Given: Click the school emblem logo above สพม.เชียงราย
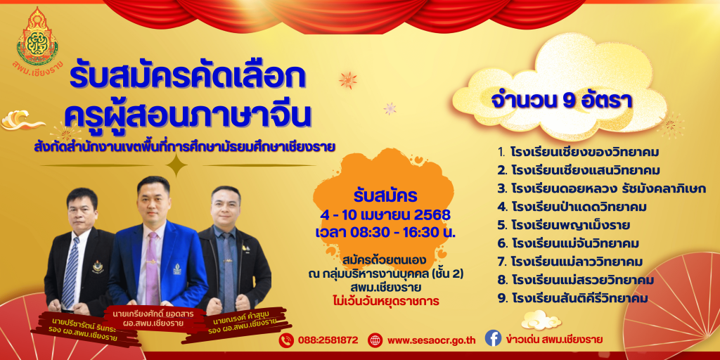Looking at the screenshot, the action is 37,36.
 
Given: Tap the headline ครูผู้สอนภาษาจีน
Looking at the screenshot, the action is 188,115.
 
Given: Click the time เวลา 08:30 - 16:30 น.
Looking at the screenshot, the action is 385,232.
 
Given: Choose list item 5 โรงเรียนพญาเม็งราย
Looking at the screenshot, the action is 563,225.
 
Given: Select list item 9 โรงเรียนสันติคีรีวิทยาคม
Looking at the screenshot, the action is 572,298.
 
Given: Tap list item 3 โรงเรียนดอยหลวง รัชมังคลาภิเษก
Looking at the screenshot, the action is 602,188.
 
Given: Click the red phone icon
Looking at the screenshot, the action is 286,340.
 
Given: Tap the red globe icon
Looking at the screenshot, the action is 375,340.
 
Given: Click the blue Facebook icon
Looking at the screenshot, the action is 493,339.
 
